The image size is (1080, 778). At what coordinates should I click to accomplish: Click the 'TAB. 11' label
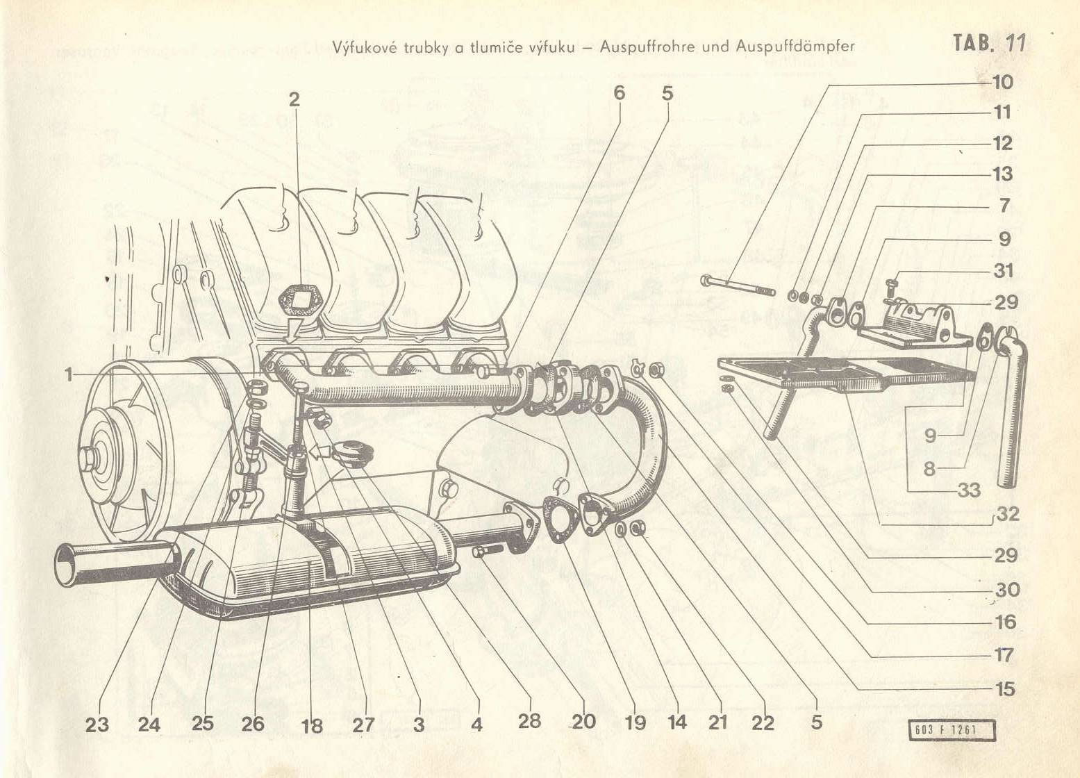tap(989, 43)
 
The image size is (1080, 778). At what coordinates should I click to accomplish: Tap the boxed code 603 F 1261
tap(951, 731)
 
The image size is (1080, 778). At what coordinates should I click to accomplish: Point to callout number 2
tap(294, 99)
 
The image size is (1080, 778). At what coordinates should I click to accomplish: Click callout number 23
tap(97, 725)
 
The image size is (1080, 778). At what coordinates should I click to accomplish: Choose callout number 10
tap(1003, 81)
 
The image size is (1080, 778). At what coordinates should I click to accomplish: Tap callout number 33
tap(969, 490)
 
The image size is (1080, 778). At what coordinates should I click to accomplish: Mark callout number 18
tap(312, 726)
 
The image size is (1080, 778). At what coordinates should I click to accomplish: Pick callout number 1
tap(69, 375)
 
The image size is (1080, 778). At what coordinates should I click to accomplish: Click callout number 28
tap(529, 720)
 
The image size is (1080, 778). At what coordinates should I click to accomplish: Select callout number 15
tap(1005, 689)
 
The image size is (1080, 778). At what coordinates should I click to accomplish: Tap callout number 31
tap(1004, 270)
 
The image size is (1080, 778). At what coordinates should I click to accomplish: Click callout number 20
tap(583, 722)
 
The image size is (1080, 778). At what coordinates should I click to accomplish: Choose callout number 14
tap(677, 722)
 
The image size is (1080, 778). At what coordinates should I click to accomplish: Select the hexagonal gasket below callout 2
tap(298, 301)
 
